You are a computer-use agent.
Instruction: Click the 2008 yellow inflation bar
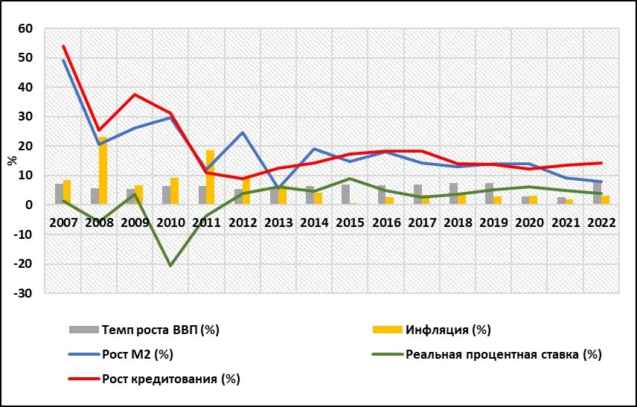point(103,170)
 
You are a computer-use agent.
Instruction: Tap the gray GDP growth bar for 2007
point(59,193)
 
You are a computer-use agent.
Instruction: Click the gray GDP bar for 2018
point(453,193)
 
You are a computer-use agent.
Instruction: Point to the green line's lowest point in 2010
point(170,266)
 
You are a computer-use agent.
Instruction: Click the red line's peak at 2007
point(63,46)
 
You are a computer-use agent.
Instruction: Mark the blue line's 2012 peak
point(243,132)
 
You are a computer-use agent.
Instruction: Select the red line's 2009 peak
point(135,94)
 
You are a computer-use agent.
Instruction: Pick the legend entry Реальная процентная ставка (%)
point(503,353)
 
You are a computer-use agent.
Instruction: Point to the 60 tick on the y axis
point(27,28)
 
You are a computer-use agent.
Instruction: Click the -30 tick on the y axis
point(25,293)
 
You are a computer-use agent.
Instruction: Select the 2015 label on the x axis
point(350,222)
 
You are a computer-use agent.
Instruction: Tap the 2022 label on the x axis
point(601,222)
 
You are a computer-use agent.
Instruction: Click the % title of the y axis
point(11,159)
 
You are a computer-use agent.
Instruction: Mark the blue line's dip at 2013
point(278,189)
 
